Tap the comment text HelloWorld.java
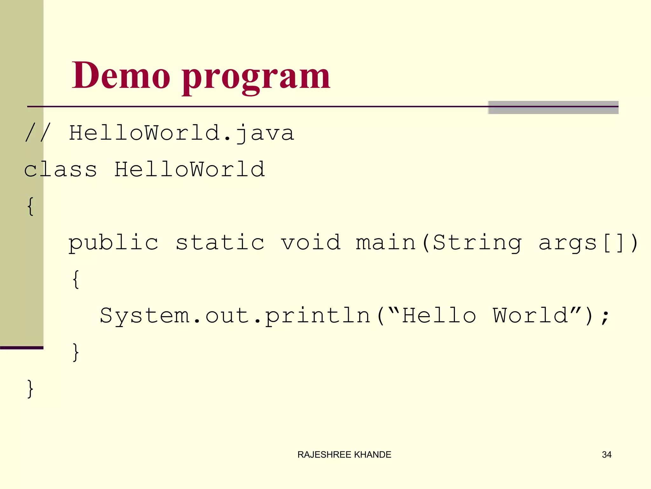[x=182, y=133]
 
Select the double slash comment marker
[x=38, y=133]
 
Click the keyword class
[x=60, y=169]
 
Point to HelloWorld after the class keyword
[x=189, y=169]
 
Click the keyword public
[x=113, y=243]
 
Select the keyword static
[x=220, y=243]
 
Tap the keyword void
[x=311, y=243]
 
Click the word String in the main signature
[x=477, y=243]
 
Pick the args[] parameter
[x=582, y=243]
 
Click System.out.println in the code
[x=235, y=316]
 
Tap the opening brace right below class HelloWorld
[x=31, y=206]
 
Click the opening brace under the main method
[x=76, y=279]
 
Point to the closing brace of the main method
[x=76, y=352]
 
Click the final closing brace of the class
[x=31, y=389]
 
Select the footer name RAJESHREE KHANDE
[x=344, y=455]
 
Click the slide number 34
[x=606, y=455]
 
